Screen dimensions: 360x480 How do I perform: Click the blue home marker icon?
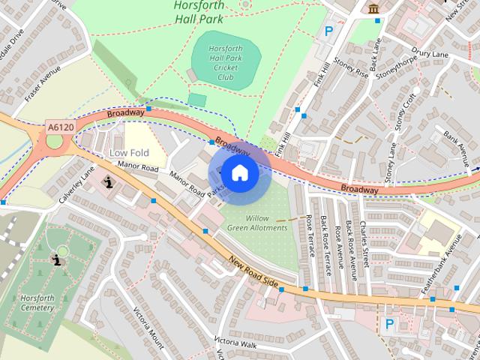point(239,173)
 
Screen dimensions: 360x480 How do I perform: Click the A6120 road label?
point(60,127)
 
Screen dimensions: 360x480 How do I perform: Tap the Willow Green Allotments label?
point(257,223)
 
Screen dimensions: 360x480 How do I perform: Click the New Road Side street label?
point(253,273)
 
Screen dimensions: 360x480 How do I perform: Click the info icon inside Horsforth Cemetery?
point(56,259)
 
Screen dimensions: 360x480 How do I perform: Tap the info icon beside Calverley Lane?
point(109,181)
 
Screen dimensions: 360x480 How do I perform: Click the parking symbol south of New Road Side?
point(388,324)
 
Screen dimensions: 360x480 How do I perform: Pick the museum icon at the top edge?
point(373,8)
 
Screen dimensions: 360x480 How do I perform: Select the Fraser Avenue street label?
point(42,83)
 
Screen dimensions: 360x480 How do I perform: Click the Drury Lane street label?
point(430,54)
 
